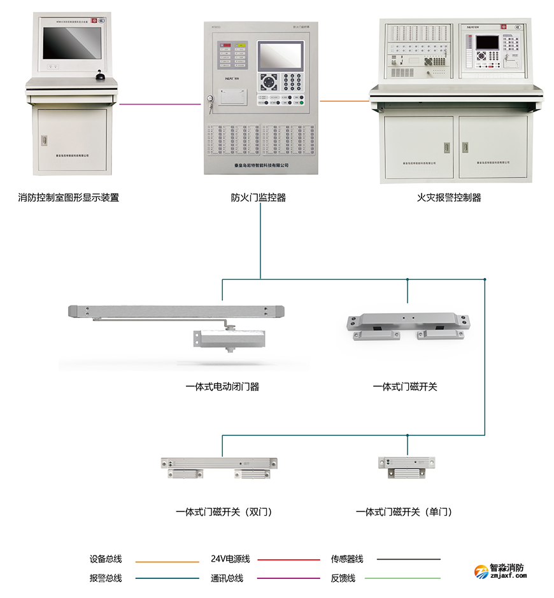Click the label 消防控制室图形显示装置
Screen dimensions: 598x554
pos(68,198)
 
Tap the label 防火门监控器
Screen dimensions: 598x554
pos(259,198)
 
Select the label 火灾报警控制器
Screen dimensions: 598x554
pos(449,198)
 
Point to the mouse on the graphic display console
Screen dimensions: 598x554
pos(100,78)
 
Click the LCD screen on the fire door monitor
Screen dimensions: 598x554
pos(280,57)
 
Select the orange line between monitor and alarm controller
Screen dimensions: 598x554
pos(344,100)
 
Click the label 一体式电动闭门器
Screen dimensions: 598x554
pos(222,386)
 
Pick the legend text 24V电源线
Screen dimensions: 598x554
pos(231,559)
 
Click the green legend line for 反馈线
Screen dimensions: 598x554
pos(408,578)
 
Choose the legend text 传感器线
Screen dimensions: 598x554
pos(347,559)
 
